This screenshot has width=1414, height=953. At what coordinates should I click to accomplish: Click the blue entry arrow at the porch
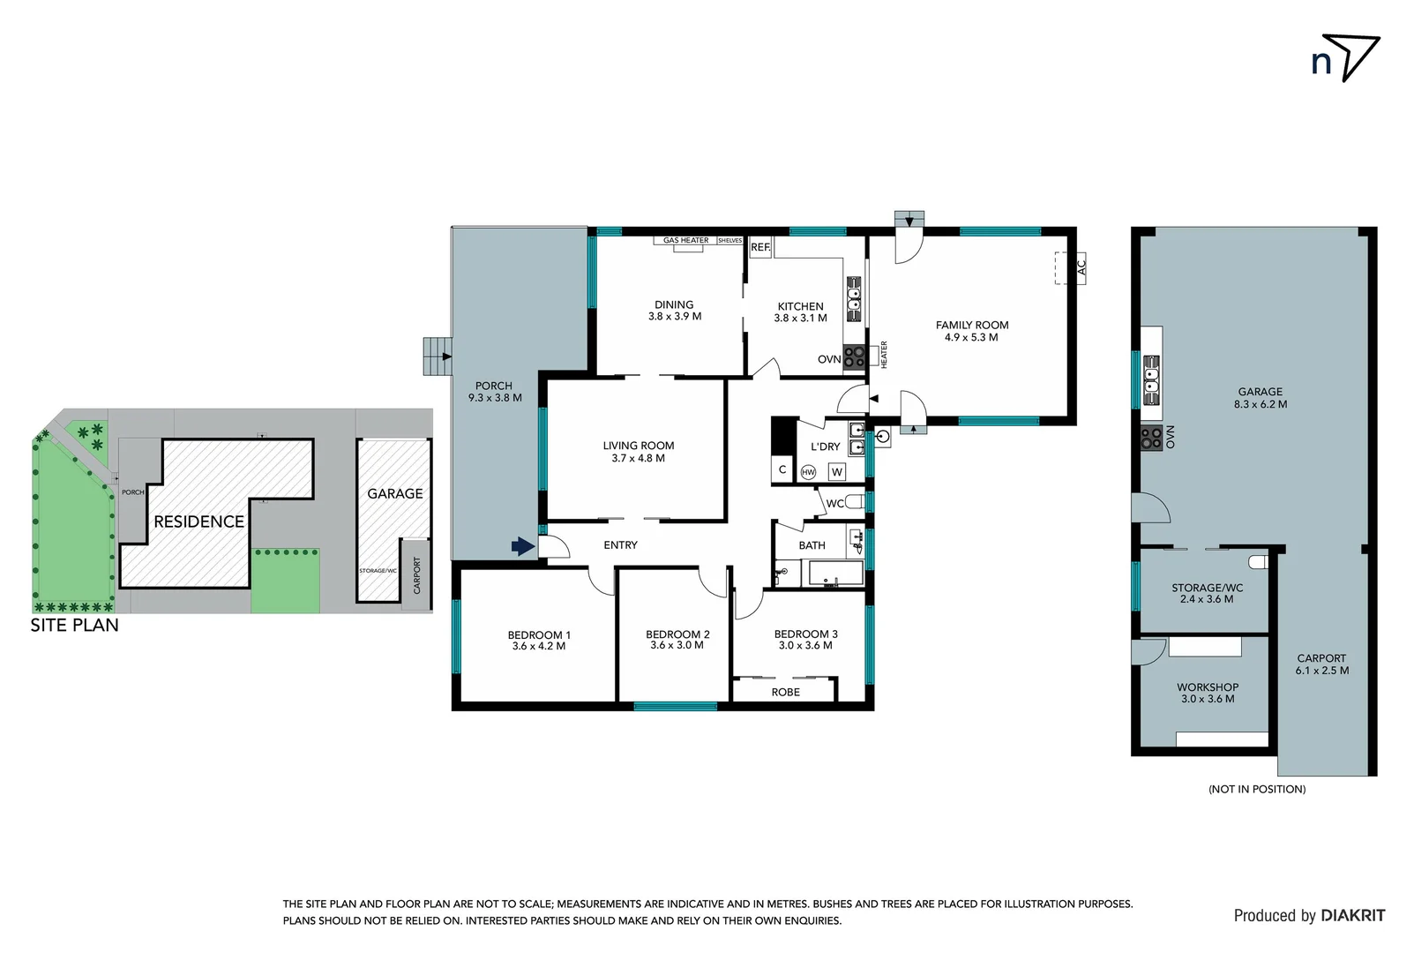click(523, 547)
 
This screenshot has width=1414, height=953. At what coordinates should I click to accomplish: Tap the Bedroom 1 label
click(539, 634)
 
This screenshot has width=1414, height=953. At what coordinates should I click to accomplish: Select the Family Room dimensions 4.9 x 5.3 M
click(971, 337)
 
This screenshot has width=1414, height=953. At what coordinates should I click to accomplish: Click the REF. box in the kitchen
click(760, 247)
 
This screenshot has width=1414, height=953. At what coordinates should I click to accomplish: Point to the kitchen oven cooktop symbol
click(854, 356)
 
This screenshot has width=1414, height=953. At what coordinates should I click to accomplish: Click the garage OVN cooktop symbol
click(1151, 438)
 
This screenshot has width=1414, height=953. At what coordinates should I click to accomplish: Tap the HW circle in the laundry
click(808, 472)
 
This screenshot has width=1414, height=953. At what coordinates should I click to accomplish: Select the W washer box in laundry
click(836, 472)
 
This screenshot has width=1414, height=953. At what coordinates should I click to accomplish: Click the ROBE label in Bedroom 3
click(785, 693)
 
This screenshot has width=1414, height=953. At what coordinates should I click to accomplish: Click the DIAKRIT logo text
click(1352, 916)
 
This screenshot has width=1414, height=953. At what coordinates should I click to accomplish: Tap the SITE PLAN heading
click(74, 626)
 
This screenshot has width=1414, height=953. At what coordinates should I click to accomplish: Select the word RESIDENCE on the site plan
click(198, 522)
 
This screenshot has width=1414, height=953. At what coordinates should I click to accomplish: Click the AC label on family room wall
click(1081, 266)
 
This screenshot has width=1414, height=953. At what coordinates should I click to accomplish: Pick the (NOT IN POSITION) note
click(1256, 789)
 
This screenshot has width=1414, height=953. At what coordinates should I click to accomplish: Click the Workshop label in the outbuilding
click(1207, 687)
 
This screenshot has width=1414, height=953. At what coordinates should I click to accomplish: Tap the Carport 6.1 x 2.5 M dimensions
click(1321, 671)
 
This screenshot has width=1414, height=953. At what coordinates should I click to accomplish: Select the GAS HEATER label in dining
click(685, 240)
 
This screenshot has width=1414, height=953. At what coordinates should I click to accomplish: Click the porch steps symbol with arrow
click(438, 356)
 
